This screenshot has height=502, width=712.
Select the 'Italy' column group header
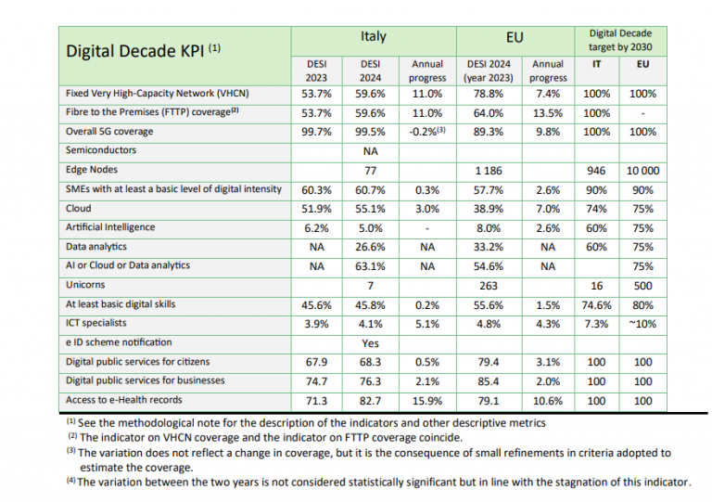coord(374,36)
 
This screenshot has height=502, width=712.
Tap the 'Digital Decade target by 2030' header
coord(620,40)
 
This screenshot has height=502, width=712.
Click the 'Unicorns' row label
coord(85,285)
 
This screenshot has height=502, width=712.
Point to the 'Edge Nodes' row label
coord(92,170)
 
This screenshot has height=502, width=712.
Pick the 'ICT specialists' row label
coord(96,323)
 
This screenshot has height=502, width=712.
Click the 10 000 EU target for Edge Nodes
coord(643,171)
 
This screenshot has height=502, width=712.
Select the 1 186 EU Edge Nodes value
coord(489,171)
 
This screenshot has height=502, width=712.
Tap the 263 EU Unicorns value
coord(489,286)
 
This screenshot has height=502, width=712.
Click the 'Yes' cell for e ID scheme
coord(371,343)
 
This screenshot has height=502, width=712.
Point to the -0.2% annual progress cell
coord(427,131)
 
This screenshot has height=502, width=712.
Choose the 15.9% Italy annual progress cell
coord(427,401)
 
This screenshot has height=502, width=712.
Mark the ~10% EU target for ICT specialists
coord(643,325)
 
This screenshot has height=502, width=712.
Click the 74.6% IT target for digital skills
coord(597,305)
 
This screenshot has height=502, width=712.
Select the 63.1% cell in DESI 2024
coord(371,266)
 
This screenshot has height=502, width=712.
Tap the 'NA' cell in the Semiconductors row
coord(371,151)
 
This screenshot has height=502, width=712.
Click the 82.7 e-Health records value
coord(371,401)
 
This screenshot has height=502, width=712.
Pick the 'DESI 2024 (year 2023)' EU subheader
coord(489,71)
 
